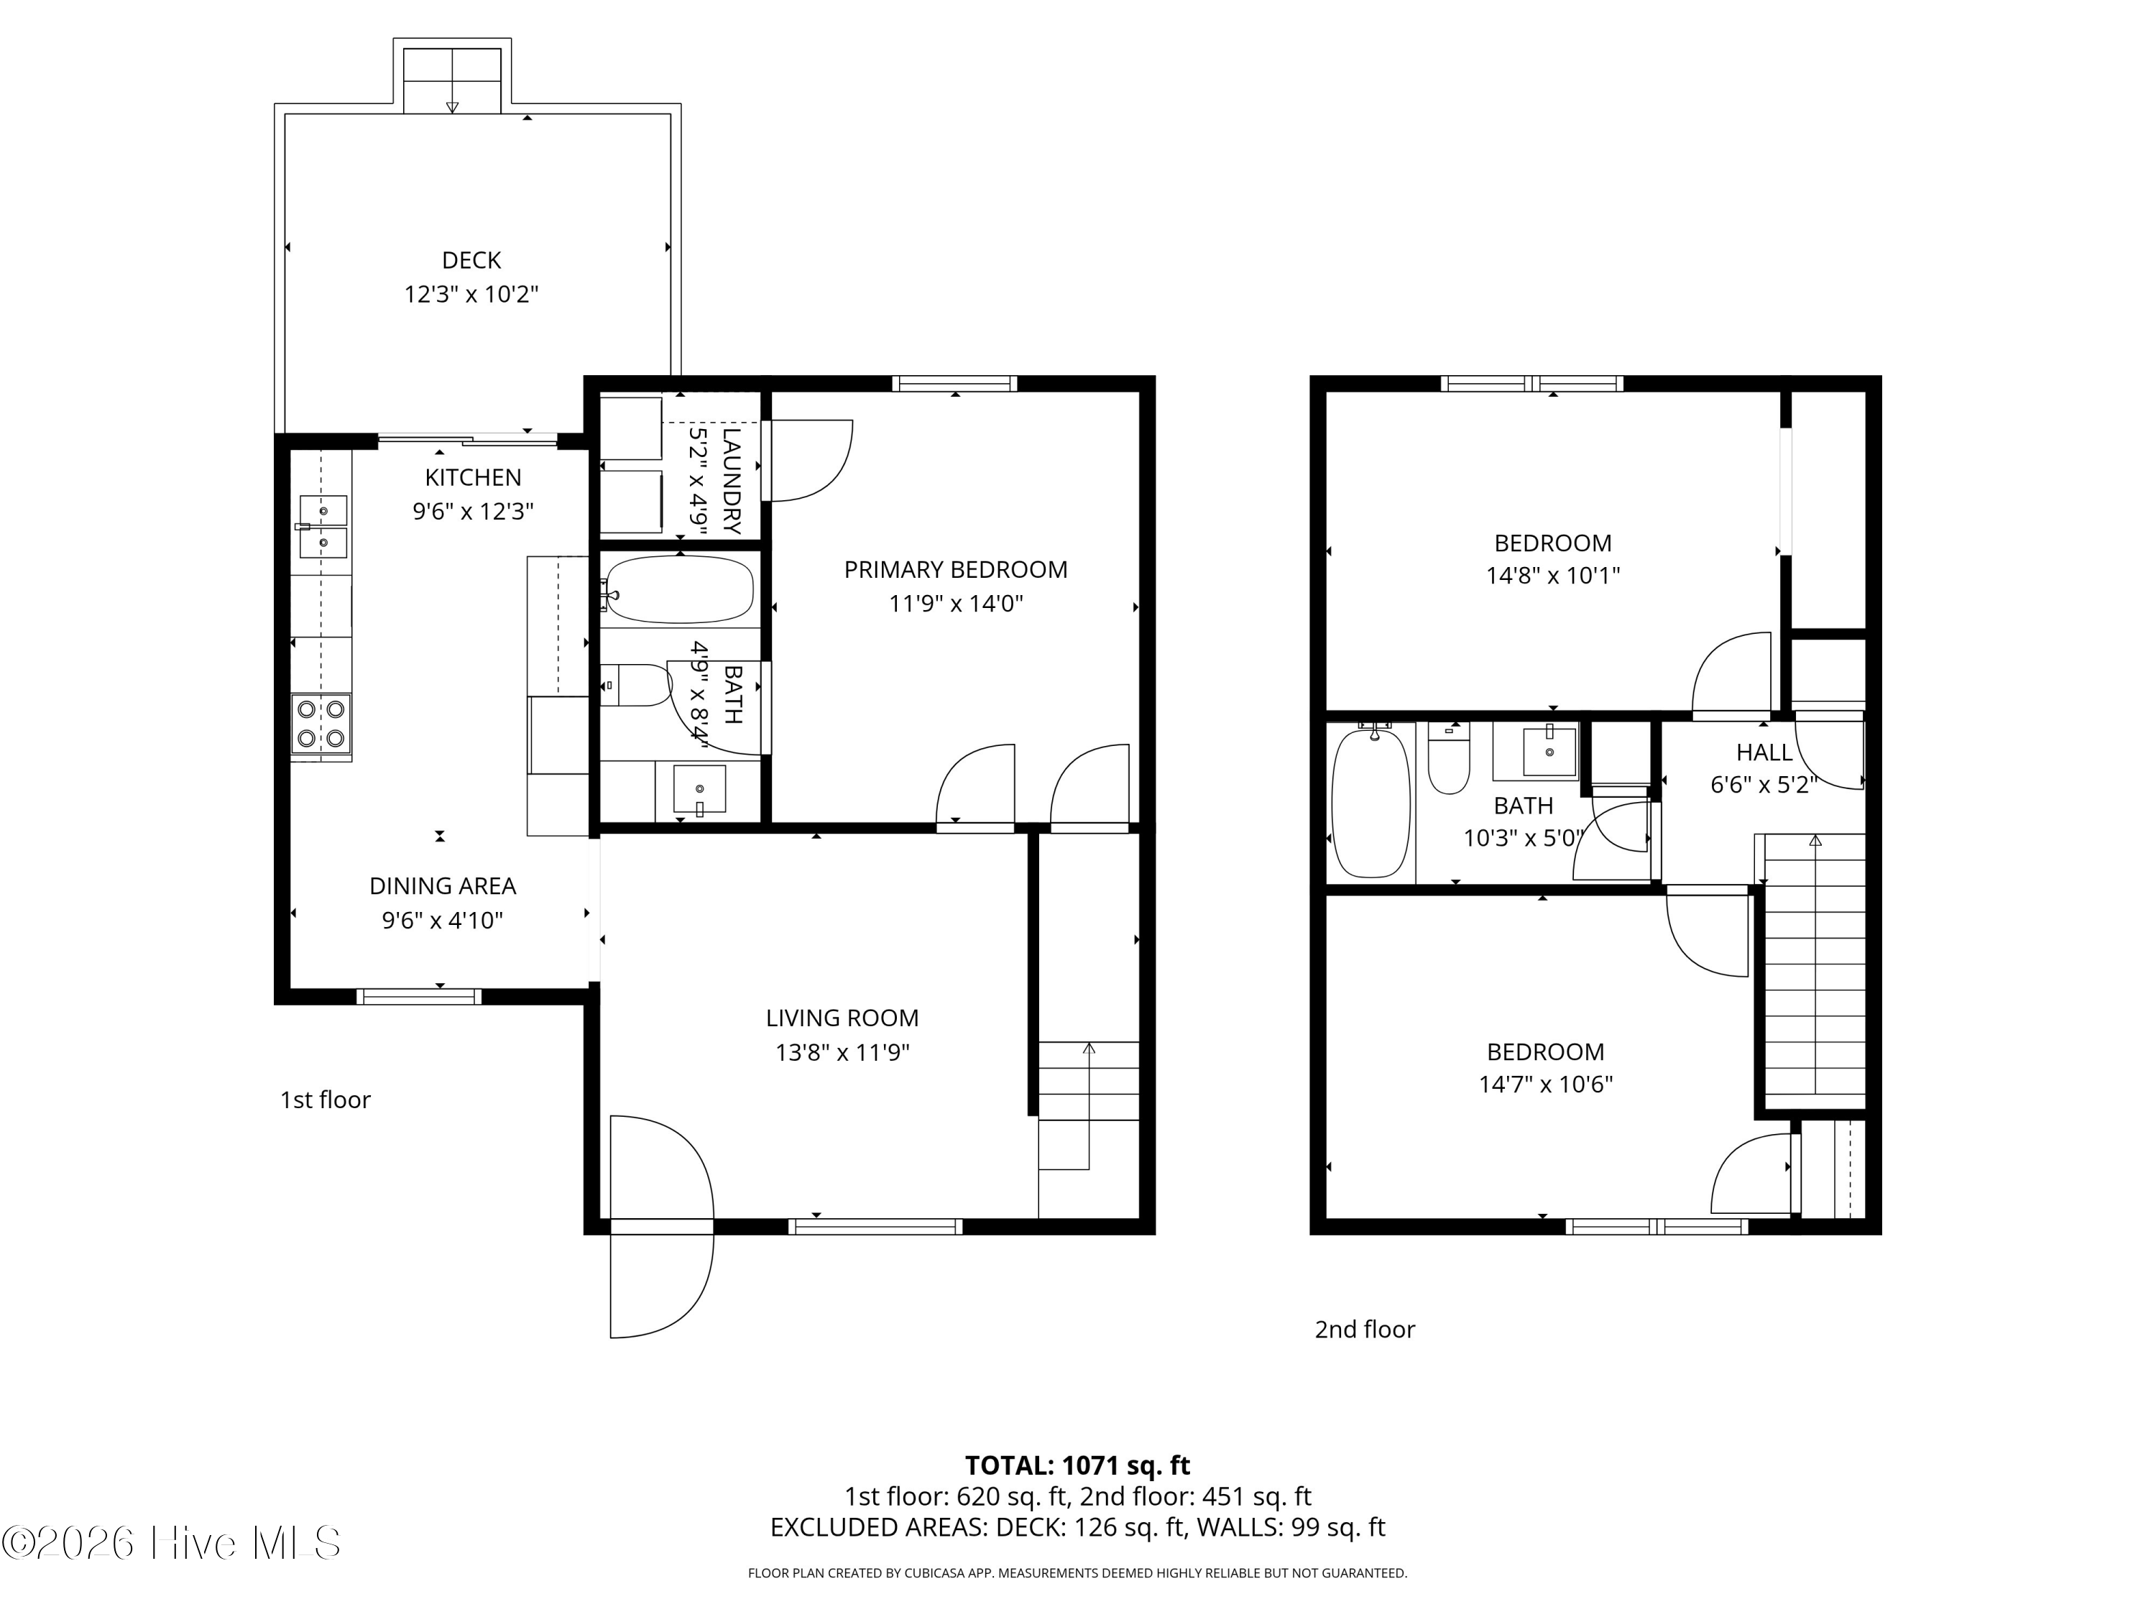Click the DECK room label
(471, 260)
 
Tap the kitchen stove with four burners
(321, 723)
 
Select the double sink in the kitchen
(323, 526)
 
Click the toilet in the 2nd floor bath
(1448, 765)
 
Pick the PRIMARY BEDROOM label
(955, 569)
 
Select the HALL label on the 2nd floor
(1763, 752)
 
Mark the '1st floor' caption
(325, 1100)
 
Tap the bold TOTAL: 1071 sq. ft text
(1077, 1465)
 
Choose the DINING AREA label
(443, 886)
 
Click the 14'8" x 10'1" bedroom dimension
(1552, 575)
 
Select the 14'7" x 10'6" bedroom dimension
(1545, 1084)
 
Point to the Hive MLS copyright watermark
(172, 1543)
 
